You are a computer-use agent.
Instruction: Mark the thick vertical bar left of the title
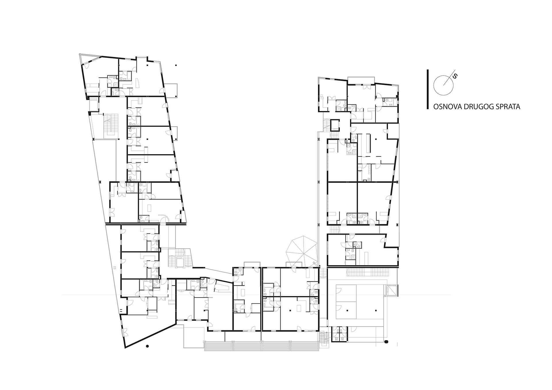click(x=428, y=89)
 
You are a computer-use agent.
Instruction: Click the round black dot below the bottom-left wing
click(x=147, y=346)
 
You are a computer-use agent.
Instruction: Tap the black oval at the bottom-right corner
click(x=386, y=341)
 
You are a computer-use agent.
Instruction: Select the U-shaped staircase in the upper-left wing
click(x=111, y=125)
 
